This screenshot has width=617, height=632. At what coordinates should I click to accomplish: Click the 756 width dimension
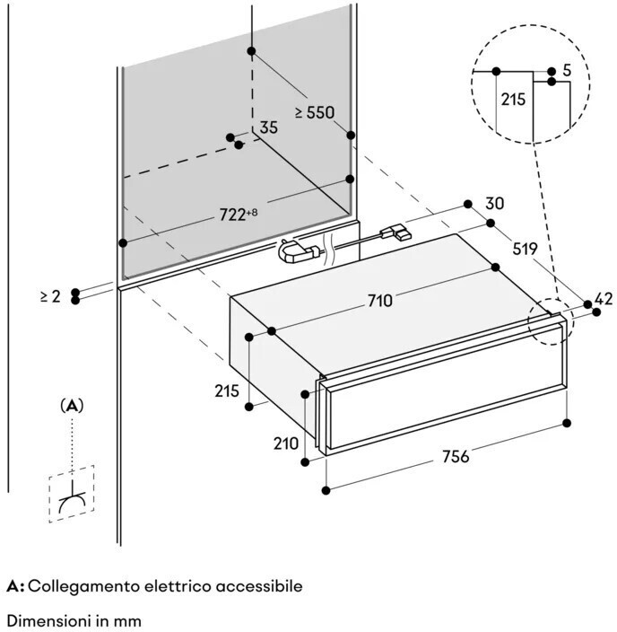coord(455,455)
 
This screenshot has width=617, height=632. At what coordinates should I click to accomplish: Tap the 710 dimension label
coord(379,300)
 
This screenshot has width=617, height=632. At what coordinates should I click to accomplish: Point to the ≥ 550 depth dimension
coord(314,112)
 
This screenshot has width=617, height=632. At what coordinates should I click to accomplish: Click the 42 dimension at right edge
coord(604,298)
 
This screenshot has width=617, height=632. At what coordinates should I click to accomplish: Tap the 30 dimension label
coord(495,204)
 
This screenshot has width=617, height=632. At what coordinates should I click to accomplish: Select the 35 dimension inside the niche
coord(269,127)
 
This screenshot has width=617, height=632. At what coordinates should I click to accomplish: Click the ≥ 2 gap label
coord(50,295)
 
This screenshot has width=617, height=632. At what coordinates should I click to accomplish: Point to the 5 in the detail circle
coord(567,69)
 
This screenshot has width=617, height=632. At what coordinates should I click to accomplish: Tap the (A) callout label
coord(73,406)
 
